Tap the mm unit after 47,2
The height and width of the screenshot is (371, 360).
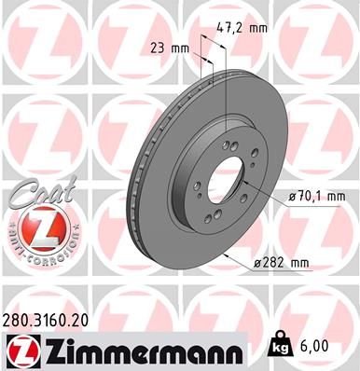(259, 27)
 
